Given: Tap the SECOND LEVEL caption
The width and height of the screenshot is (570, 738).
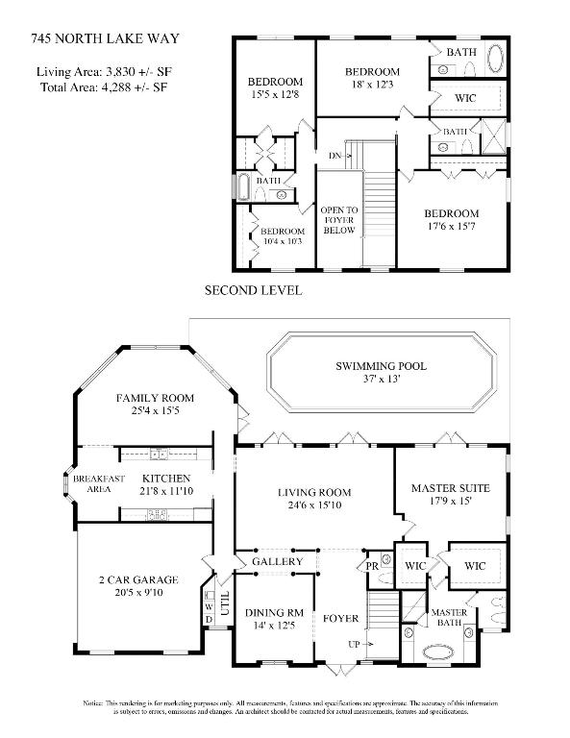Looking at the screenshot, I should coord(254,289).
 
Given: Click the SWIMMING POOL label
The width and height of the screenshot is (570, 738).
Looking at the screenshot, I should coord(381,366).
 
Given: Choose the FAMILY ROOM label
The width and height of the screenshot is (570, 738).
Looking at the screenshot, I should coord(155,398).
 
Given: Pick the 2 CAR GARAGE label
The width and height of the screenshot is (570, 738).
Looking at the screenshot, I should coord(136,578).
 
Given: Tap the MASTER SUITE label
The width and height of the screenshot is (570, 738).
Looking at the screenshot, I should coord(450,487).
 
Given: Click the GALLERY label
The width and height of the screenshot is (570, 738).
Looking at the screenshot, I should coord(277,561).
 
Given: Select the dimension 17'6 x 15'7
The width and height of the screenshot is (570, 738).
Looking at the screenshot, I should coord(452,228).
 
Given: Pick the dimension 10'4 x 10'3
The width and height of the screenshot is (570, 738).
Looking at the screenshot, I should coord(283,241).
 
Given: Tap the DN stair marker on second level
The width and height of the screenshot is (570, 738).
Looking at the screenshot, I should coord(335,155).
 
